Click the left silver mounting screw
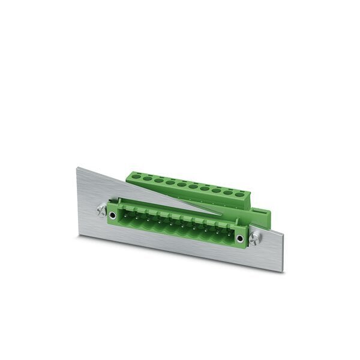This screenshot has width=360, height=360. [100, 212]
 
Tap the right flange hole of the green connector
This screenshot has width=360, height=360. [241, 239]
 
